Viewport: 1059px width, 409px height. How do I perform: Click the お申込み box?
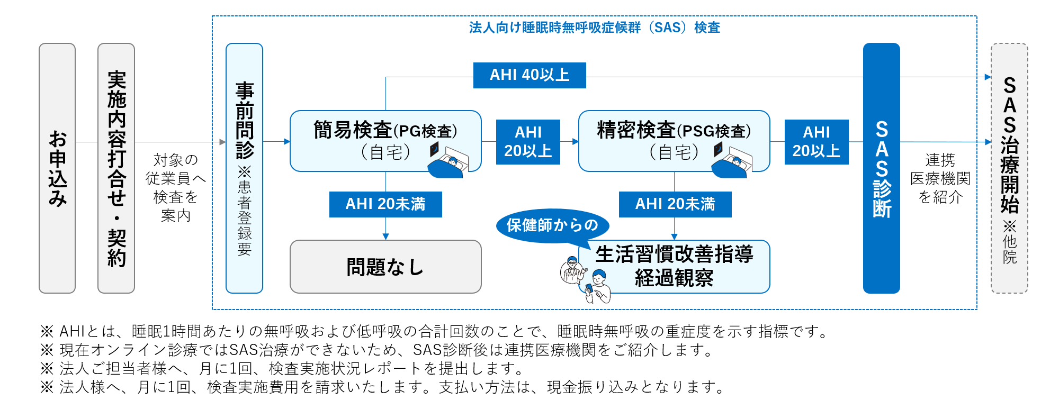pyautogui.click(x=57, y=168)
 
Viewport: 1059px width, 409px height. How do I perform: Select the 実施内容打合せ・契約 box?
pyautogui.click(x=116, y=168)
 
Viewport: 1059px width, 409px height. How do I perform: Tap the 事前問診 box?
pyautogui.click(x=244, y=168)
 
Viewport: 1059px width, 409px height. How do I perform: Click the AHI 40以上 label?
pyautogui.click(x=529, y=75)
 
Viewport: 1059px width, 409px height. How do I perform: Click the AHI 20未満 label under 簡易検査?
pyautogui.click(x=385, y=204)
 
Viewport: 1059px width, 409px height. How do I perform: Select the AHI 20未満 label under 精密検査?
pyautogui.click(x=675, y=204)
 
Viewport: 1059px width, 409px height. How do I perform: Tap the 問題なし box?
pyautogui.click(x=385, y=267)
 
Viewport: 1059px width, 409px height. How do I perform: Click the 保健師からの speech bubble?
pyautogui.click(x=552, y=225)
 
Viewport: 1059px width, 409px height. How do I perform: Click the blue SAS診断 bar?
pyautogui.click(x=882, y=168)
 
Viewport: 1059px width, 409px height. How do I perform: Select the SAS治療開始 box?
pyautogui.click(x=1009, y=168)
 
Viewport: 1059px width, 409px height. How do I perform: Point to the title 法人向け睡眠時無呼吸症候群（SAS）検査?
pyautogui.click(x=595, y=28)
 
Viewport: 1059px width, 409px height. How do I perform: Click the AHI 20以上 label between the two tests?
pyautogui.click(x=528, y=142)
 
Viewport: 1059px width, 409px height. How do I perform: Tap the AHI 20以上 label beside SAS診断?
pyautogui.click(x=816, y=142)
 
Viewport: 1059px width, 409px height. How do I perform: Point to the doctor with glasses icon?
pyautogui.click(x=572, y=269)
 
